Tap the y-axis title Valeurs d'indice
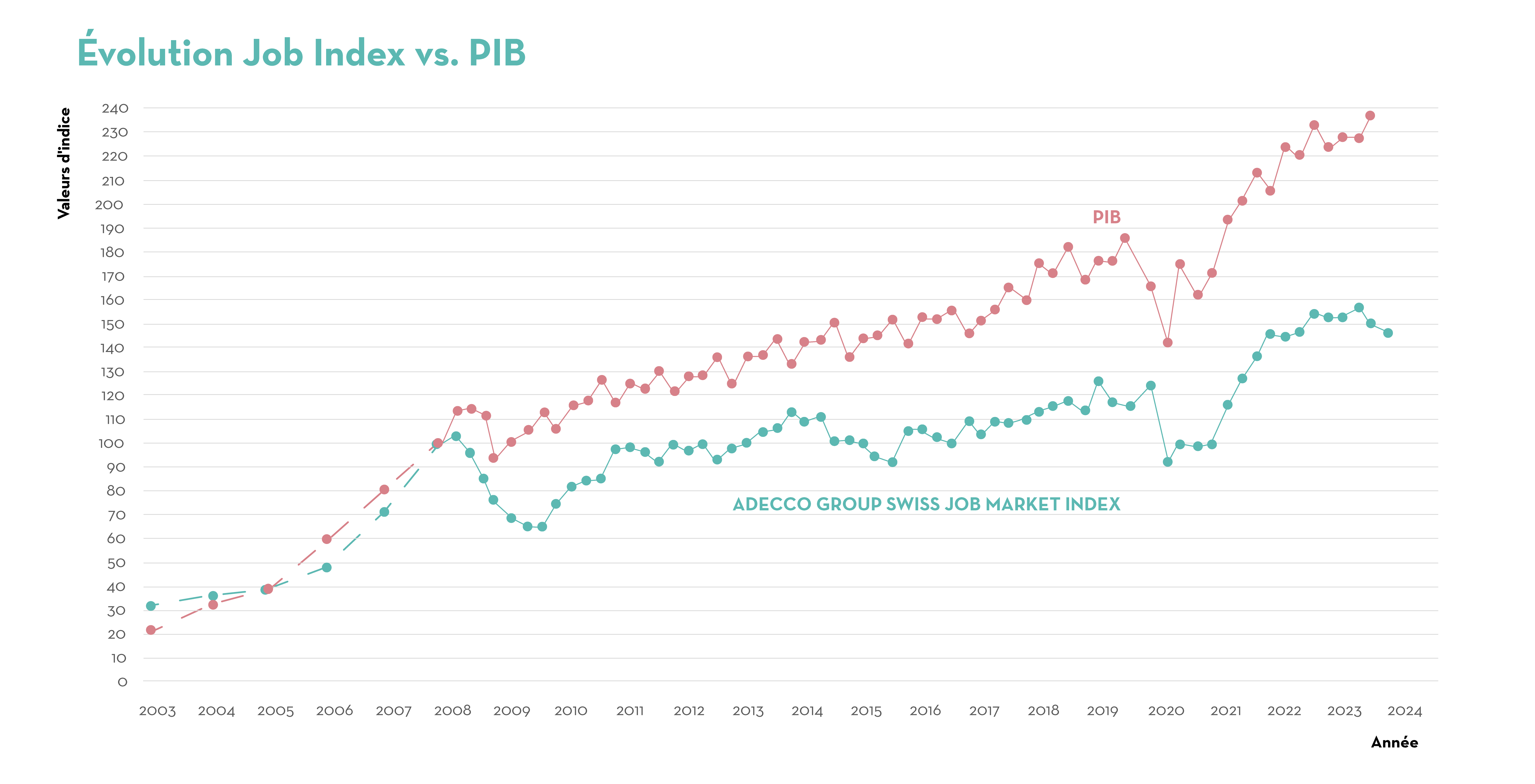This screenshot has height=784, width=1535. [x=64, y=163]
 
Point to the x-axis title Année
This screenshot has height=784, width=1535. [x=1394, y=742]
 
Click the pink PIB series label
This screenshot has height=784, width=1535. [x=1107, y=217]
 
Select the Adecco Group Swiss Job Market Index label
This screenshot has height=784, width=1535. [x=926, y=504]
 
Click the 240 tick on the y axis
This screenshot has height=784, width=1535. [x=115, y=108]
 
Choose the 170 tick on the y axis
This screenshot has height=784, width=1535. [x=113, y=277]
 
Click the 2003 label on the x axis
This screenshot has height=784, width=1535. [x=157, y=711]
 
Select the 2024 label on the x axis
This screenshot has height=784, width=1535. [x=1404, y=711]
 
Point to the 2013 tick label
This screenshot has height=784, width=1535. [x=748, y=711]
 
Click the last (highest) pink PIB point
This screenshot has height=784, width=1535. [x=1370, y=116]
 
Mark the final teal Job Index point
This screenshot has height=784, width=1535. [x=1388, y=333]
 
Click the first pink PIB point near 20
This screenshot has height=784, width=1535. [x=151, y=630]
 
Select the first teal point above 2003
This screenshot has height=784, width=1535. [x=151, y=606]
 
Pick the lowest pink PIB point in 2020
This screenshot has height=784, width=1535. [x=1167, y=343]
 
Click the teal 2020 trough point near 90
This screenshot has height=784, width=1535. [x=1167, y=462]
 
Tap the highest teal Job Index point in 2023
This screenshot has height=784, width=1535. [x=1359, y=308]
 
